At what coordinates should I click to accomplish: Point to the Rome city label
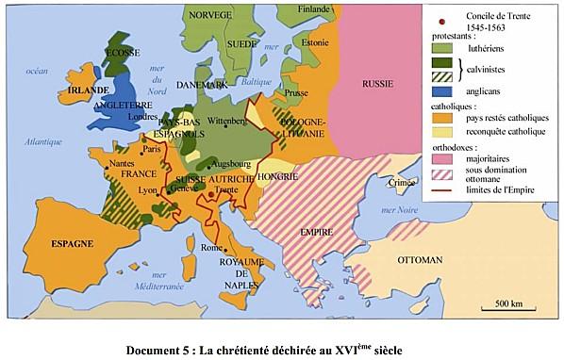[x=211, y=247]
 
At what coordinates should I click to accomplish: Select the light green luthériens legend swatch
[x=440, y=46]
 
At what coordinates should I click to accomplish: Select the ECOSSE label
[x=122, y=53]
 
